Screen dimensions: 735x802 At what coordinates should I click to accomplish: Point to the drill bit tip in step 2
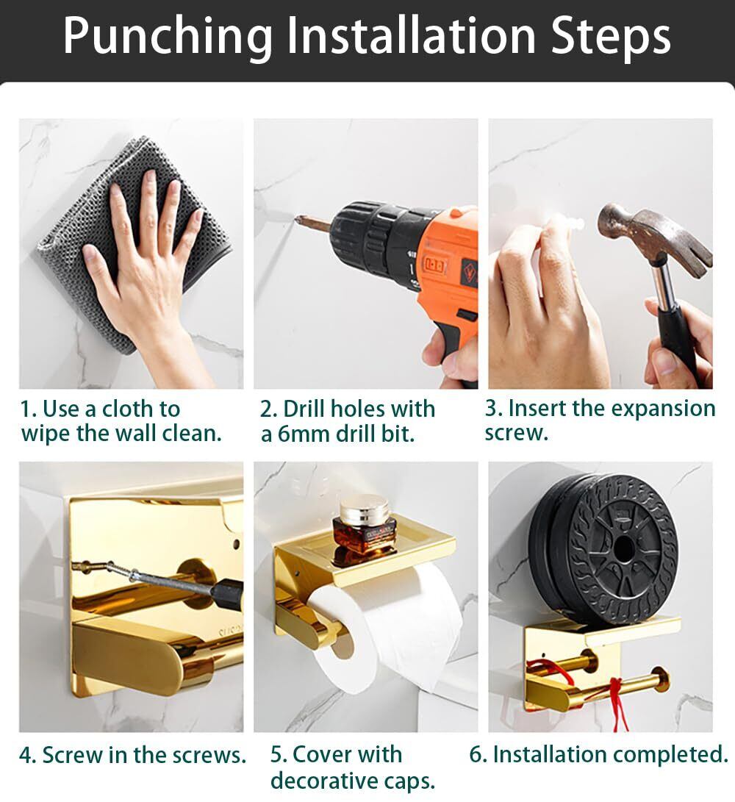[297, 219]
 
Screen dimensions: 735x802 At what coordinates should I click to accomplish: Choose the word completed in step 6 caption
[670, 754]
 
